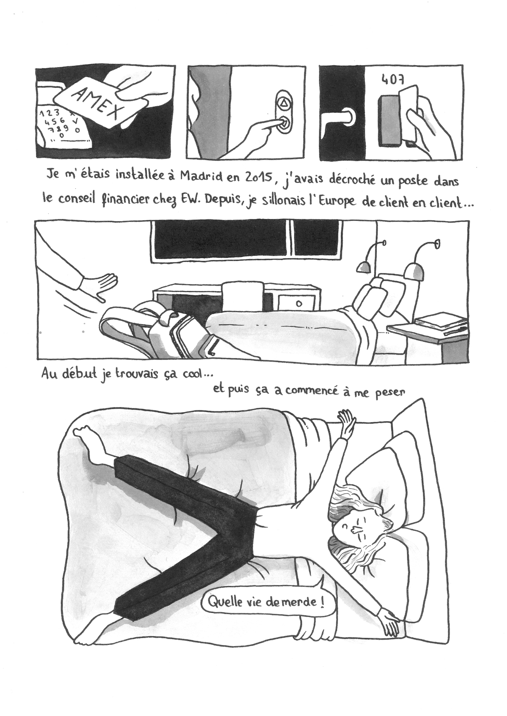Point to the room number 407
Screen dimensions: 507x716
(393, 79)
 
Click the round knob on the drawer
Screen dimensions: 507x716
(299, 304)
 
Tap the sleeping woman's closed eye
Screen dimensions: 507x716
(345, 525)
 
